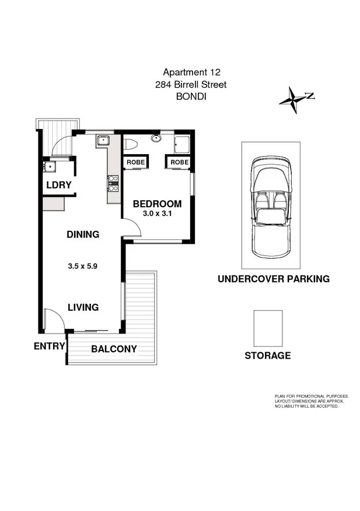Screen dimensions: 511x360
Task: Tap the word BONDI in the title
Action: tap(191, 98)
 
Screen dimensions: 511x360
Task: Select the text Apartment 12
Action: tap(191, 73)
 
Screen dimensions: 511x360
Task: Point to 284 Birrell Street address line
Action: tap(191, 85)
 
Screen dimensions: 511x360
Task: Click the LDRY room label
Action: tap(58, 185)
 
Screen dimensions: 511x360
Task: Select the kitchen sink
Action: tap(103, 140)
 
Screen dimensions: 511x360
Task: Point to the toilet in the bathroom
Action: tap(131, 144)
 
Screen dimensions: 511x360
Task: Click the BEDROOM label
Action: tap(157, 204)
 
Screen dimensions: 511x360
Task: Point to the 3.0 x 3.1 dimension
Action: tap(157, 214)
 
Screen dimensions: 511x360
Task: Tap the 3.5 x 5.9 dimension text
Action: tap(82, 266)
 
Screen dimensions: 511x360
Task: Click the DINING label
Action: tap(82, 235)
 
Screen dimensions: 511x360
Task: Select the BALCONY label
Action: tap(114, 349)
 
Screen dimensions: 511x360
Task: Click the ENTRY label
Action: tap(49, 346)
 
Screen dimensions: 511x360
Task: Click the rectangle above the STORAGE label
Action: tap(268, 328)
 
